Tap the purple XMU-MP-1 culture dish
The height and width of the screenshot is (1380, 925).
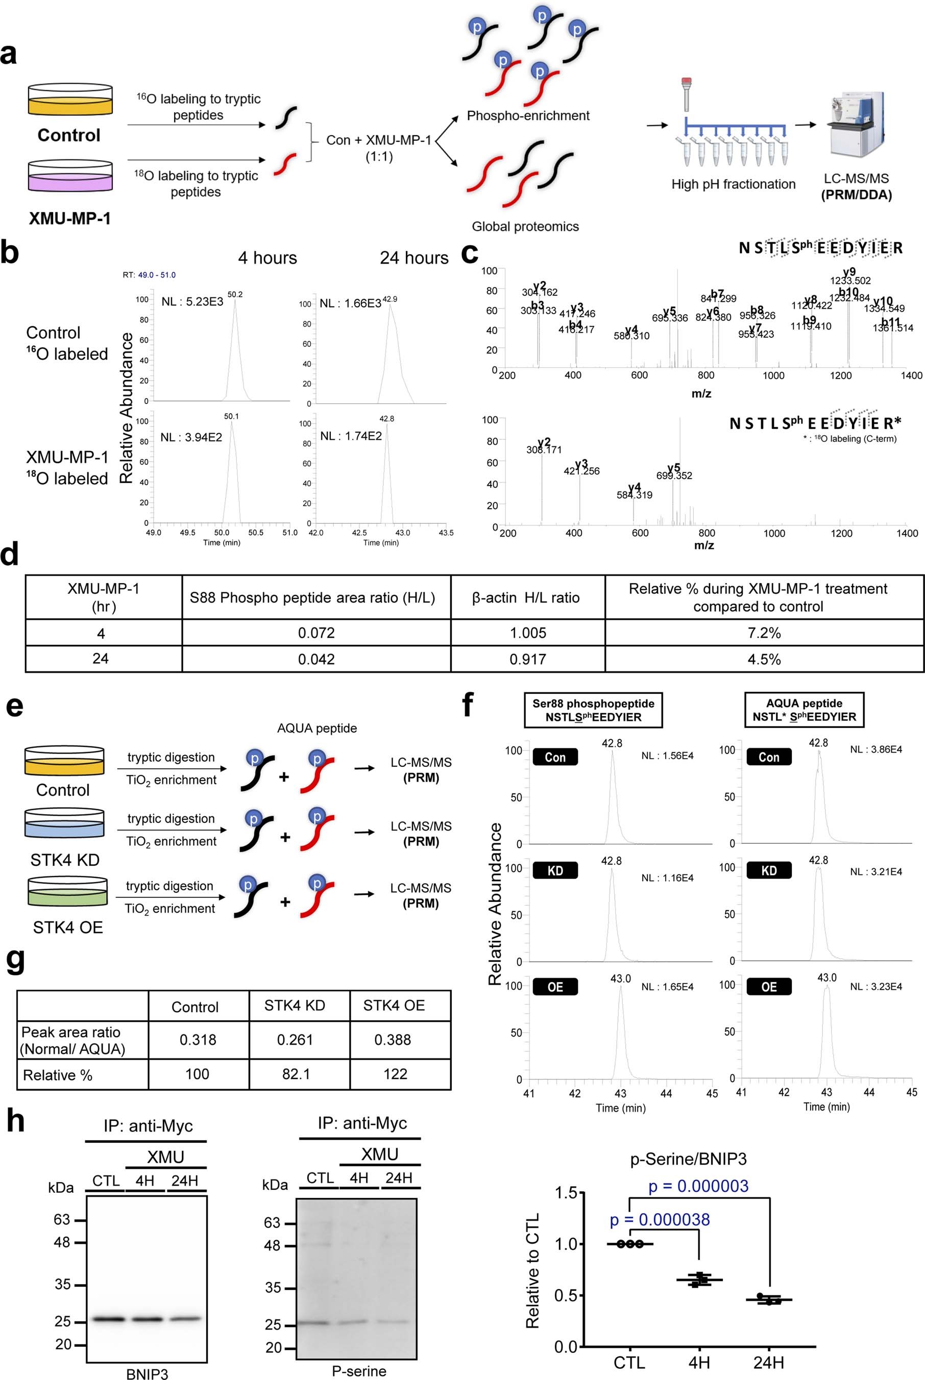(69, 177)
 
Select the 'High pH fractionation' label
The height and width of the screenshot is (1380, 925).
(733, 185)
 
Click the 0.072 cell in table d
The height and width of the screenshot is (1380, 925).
(316, 633)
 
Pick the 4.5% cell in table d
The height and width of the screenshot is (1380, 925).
(764, 659)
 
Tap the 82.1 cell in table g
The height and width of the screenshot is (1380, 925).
(296, 1074)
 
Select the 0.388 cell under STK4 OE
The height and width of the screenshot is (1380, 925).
(393, 1039)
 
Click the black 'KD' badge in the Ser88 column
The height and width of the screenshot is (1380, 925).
(554, 871)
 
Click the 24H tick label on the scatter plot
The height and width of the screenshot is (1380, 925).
(768, 1362)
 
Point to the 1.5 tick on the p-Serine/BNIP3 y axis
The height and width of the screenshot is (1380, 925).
(566, 1193)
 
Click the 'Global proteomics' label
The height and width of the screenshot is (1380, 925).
(525, 227)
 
